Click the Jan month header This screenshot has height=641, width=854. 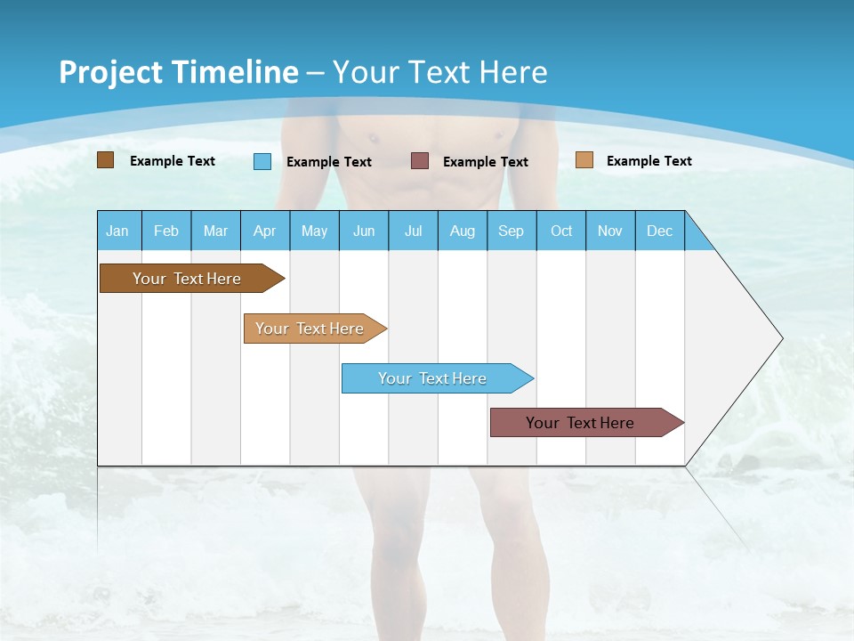[118, 231]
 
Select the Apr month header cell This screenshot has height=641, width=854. [265, 231]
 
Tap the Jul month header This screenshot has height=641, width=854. [413, 231]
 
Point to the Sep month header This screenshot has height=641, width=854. [512, 231]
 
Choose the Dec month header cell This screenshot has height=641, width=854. [659, 231]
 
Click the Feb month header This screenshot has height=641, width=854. [166, 231]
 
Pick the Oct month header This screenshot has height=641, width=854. [561, 231]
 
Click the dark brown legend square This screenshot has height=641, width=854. [106, 160]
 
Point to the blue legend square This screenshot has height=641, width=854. [262, 161]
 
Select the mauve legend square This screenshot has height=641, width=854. [420, 161]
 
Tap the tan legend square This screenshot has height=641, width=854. [584, 160]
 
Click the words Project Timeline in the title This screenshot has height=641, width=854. [178, 72]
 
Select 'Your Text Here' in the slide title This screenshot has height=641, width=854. [440, 72]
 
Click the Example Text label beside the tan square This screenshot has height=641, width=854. [649, 161]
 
